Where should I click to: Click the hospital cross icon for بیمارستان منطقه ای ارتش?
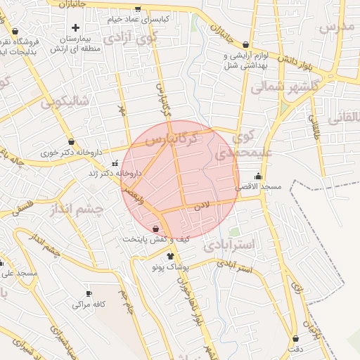tap(75, 27)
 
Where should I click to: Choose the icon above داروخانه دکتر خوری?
tap(71, 141)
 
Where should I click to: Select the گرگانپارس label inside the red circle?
tap(172, 139)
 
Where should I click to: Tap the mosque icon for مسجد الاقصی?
tap(259, 176)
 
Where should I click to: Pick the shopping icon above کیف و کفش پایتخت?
tap(155, 229)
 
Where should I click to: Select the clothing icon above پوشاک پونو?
tap(170, 256)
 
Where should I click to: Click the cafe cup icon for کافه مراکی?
tap(89, 294)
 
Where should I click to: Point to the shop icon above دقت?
tap(295, 338)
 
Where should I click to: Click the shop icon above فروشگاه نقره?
tap(15, 31)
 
